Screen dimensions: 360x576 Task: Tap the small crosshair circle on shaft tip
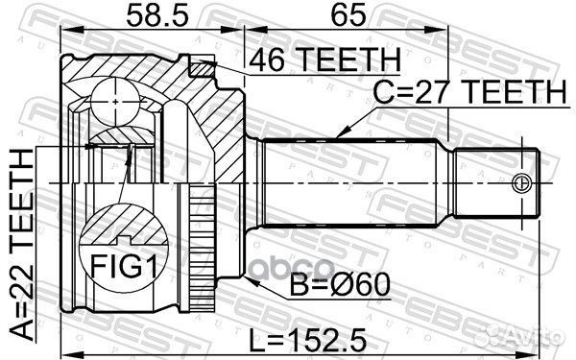point(522,182)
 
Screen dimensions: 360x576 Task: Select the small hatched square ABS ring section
point(202,67)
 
